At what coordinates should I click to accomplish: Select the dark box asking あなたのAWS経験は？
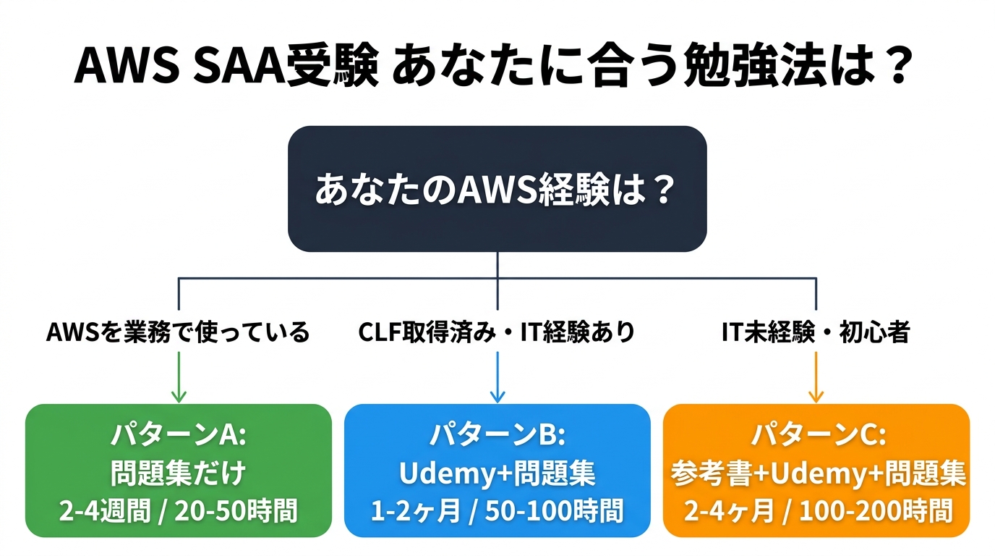pyautogui.click(x=497, y=190)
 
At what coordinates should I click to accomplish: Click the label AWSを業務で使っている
pyautogui.click(x=178, y=332)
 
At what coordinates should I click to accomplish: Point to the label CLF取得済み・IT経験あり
pyautogui.click(x=497, y=332)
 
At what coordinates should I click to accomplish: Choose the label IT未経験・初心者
pyautogui.click(x=816, y=332)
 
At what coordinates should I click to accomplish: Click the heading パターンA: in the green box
pyautogui.click(x=178, y=436)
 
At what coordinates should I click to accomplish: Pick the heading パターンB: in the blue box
pyautogui.click(x=497, y=436)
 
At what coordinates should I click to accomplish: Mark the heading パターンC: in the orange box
pyautogui.click(x=816, y=436)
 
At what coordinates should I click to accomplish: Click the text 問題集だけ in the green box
pyautogui.click(x=178, y=474)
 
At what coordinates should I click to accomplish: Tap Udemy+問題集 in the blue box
pyautogui.click(x=497, y=474)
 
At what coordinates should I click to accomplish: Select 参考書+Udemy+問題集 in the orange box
pyautogui.click(x=816, y=474)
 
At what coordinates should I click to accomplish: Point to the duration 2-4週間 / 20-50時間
pyautogui.click(x=178, y=511)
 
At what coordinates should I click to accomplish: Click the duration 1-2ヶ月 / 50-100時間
pyautogui.click(x=497, y=511)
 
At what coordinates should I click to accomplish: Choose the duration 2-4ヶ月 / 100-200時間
pyautogui.click(x=816, y=511)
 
